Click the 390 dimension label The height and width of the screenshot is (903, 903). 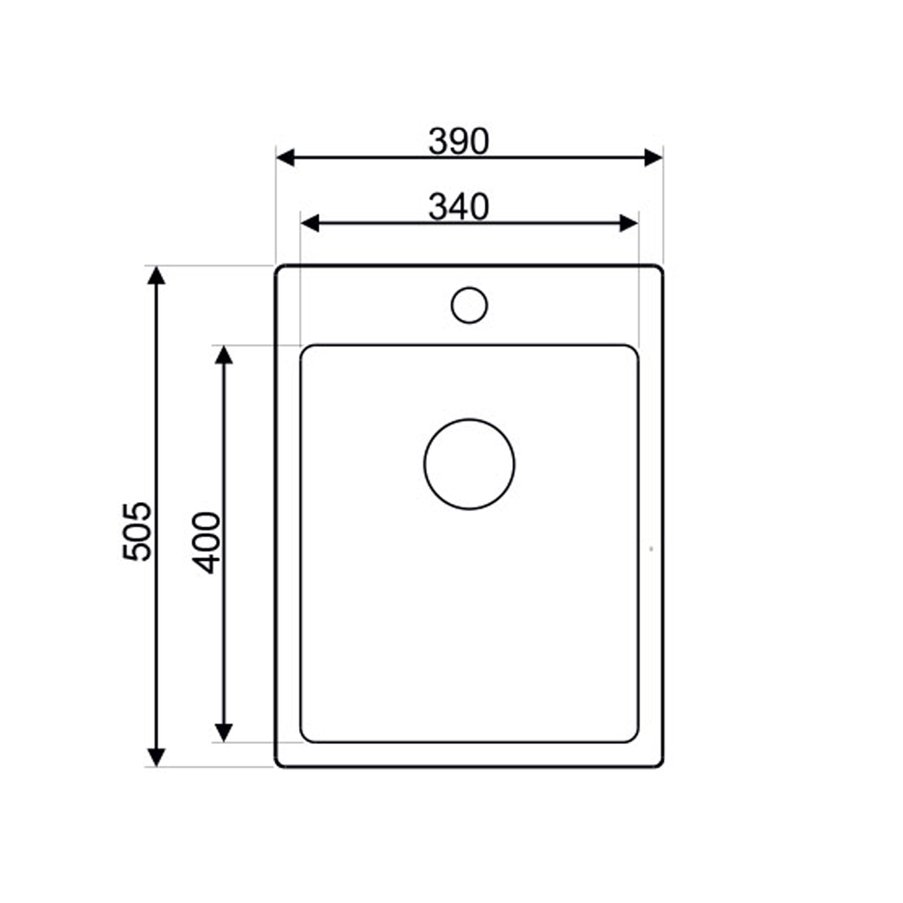(x=459, y=141)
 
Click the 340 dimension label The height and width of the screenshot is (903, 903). (x=459, y=208)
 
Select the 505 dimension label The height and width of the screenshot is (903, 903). (x=137, y=531)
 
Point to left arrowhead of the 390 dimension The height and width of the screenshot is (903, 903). (x=285, y=157)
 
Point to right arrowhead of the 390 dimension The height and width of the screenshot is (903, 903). (x=654, y=157)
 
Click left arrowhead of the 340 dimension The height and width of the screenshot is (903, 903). (x=310, y=223)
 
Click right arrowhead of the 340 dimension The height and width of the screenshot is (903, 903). (x=628, y=223)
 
